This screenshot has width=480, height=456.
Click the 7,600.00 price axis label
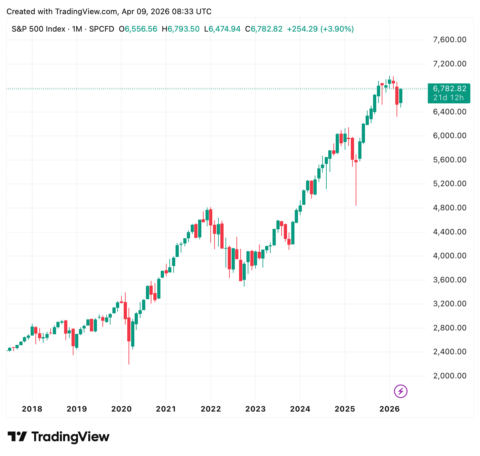[450, 40]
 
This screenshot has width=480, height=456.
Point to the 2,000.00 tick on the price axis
[450, 375]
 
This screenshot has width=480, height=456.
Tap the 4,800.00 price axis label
[450, 208]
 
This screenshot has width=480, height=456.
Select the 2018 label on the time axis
[32, 409]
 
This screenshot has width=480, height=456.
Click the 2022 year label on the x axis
[211, 409]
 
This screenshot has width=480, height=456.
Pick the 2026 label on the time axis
[389, 409]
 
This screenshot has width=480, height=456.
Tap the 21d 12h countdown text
[448, 98]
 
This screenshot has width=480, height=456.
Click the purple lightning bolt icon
[401, 391]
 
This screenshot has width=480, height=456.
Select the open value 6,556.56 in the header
[141, 29]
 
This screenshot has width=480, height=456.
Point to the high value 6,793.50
[184, 29]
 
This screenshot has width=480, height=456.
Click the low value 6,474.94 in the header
[224, 29]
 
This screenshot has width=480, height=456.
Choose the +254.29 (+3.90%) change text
[320, 29]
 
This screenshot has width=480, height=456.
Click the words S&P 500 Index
[38, 29]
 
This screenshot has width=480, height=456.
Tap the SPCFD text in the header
[101, 29]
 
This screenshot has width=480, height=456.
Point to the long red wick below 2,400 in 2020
[129, 354]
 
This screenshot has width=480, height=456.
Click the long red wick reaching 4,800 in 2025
[356, 187]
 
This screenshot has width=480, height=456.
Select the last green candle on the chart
[401, 96]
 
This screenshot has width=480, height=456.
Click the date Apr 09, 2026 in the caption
[145, 12]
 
